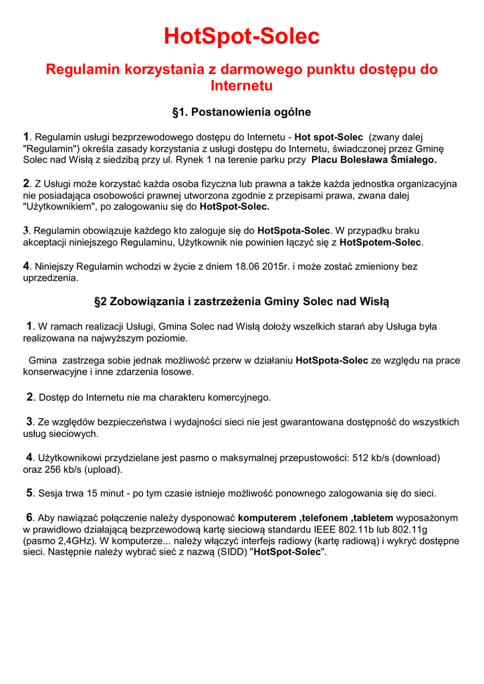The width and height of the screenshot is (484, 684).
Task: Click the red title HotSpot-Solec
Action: [242, 36]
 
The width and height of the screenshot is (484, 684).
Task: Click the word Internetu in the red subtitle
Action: [242, 85]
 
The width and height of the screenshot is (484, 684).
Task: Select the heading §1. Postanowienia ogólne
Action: [242, 112]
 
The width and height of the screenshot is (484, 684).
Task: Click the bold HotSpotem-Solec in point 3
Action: [381, 242]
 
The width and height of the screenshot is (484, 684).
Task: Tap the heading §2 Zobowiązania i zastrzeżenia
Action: [242, 302]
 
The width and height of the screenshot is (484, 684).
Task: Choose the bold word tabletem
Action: [374, 518]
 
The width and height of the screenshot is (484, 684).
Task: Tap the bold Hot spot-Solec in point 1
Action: [329, 137]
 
